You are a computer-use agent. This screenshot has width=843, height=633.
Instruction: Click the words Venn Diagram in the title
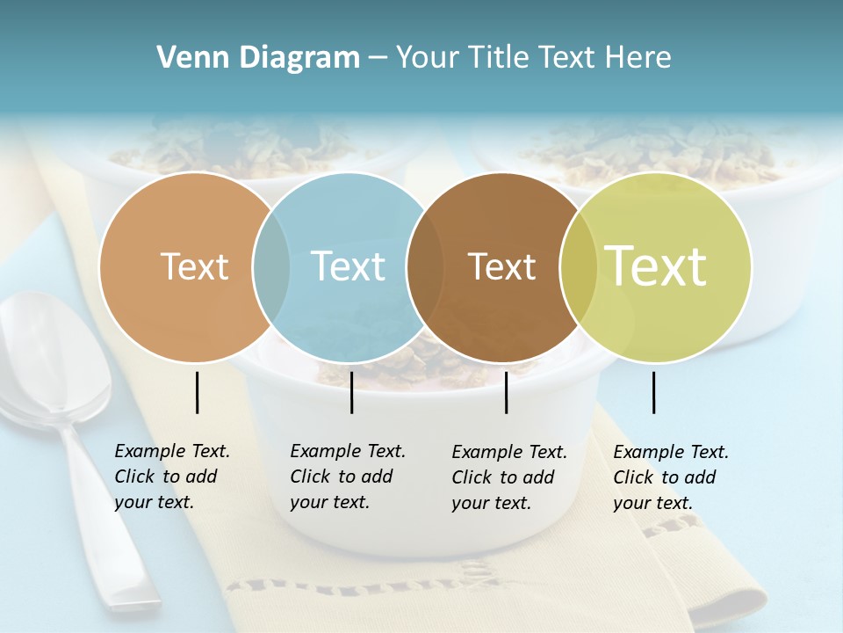pos(258,58)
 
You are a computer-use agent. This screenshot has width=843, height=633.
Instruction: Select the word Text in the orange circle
pos(194,266)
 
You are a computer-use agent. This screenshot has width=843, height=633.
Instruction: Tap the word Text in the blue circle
pos(348,266)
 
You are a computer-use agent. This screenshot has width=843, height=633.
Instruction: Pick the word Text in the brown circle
pos(501,266)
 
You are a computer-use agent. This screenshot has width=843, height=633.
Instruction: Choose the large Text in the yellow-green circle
pos(656,266)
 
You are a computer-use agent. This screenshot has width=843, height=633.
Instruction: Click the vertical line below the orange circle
pos(197,392)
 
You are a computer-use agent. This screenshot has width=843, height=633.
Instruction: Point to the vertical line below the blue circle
pos(351,392)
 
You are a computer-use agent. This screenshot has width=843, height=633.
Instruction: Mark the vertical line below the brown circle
pos(506,392)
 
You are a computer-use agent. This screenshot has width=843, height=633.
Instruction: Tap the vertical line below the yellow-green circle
pos(653,392)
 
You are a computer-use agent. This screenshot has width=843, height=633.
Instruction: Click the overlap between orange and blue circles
pos(271,266)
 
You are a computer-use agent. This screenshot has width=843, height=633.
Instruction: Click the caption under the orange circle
pos(171,477)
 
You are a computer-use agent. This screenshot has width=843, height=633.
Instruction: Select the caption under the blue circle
pos(347,477)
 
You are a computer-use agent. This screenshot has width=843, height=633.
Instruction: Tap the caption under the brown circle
pos(508,477)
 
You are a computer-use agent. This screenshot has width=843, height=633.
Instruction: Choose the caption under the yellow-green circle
pos(670,477)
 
